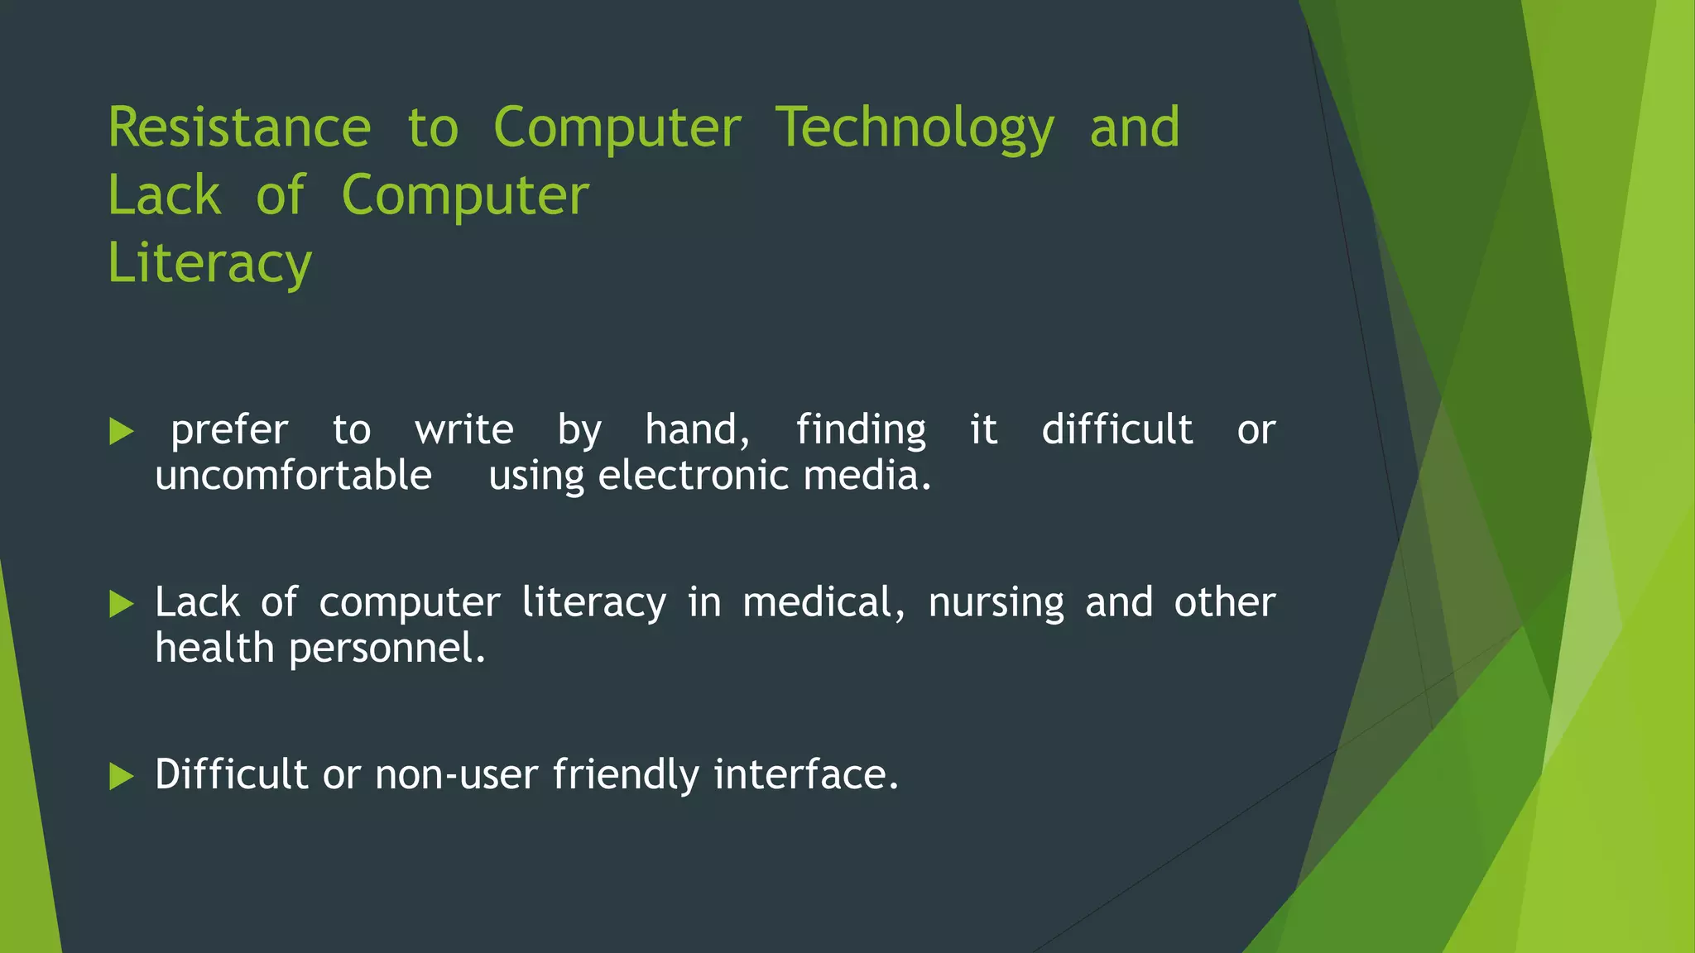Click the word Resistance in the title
(x=239, y=128)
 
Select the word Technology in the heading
(x=915, y=128)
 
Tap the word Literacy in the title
(x=209, y=263)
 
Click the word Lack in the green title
(x=164, y=196)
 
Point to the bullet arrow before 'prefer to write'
(x=121, y=431)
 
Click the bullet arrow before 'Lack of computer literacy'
(x=121, y=604)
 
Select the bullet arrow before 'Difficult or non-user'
(x=121, y=776)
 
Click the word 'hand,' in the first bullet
(x=697, y=430)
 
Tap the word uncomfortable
(x=293, y=476)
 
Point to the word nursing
(x=996, y=602)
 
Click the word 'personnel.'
(x=387, y=648)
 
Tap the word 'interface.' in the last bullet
(x=805, y=774)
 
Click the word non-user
(x=456, y=774)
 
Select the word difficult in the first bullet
(x=1116, y=430)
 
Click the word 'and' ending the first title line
(x=1134, y=128)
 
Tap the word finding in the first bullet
(x=861, y=430)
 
